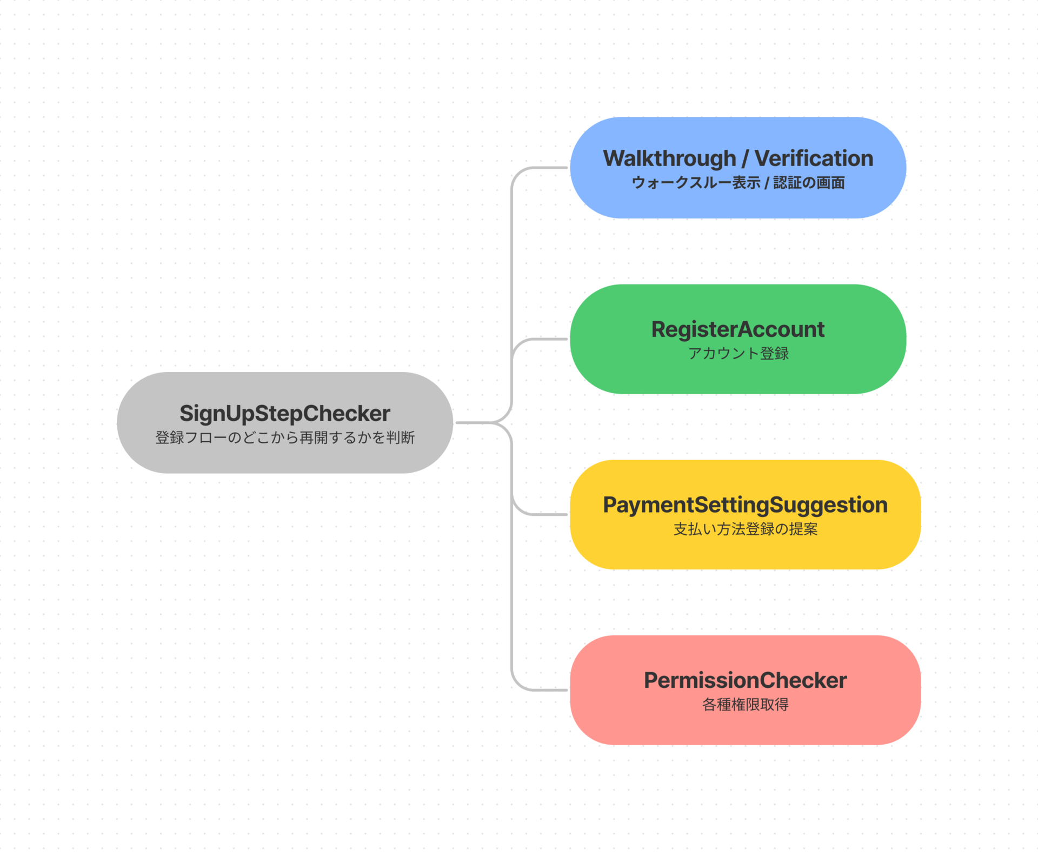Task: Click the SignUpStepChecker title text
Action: [284, 414]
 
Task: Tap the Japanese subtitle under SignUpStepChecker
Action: [284, 437]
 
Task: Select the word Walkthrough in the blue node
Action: [669, 159]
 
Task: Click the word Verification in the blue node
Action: [814, 158]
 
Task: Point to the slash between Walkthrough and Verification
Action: [745, 159]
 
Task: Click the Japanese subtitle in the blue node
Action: [738, 183]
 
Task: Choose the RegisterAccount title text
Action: [738, 329]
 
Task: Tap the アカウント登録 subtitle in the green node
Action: [738, 354]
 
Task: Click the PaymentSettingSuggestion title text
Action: [745, 505]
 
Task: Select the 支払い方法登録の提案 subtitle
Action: [745, 529]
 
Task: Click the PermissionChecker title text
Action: [745, 680]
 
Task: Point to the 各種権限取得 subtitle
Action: [745, 705]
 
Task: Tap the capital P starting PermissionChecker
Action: [651, 680]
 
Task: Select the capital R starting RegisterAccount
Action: [658, 329]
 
